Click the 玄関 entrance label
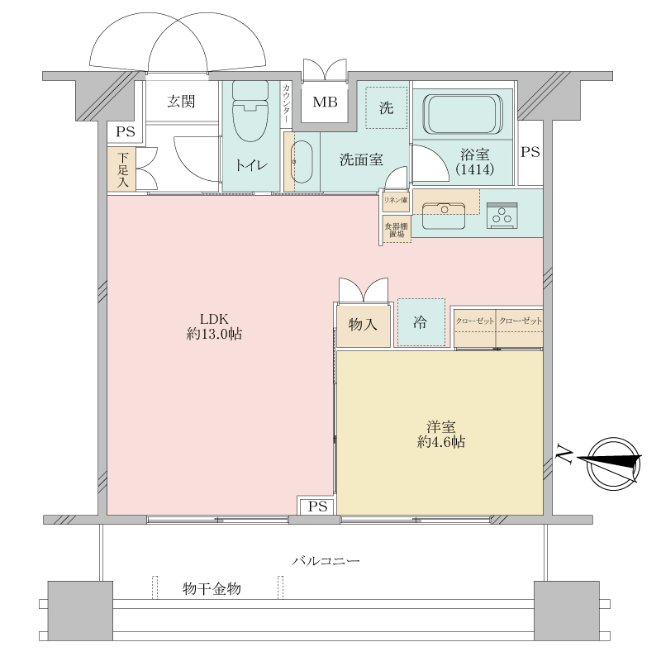click(181, 102)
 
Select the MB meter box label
click(324, 103)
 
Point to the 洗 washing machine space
click(387, 107)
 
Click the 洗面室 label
click(361, 160)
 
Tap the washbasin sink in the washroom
click(301, 160)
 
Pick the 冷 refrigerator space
click(421, 322)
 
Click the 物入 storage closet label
click(363, 326)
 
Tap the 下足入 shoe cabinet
click(122, 169)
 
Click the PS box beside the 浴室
click(530, 152)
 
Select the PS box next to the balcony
click(317, 506)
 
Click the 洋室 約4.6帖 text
click(440, 435)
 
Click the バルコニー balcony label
click(326, 561)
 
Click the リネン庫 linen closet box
click(393, 199)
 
